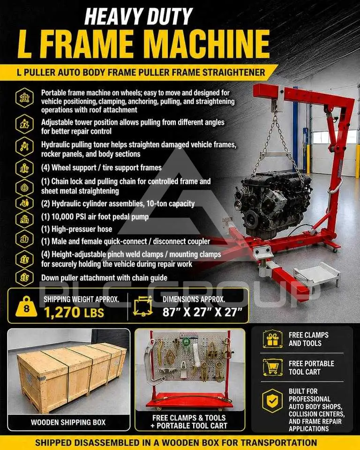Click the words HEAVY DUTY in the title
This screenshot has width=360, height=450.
click(x=139, y=16)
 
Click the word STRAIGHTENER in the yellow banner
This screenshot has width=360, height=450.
click(x=234, y=72)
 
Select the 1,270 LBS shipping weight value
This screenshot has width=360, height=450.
click(x=74, y=313)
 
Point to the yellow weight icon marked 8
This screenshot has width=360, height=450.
click(x=26, y=307)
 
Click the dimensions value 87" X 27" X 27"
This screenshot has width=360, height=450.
click(x=202, y=312)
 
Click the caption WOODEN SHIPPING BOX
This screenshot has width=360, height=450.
click(x=68, y=422)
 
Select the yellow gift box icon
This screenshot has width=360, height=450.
click(x=271, y=339)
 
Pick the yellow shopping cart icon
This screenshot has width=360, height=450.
click(x=271, y=367)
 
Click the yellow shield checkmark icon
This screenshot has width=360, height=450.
click(x=272, y=401)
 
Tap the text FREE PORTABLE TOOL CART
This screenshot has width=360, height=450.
click(x=311, y=367)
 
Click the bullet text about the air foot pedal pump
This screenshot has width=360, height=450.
click(x=95, y=217)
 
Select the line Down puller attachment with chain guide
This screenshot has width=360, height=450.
click(x=104, y=278)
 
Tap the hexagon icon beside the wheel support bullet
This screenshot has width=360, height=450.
click(x=24, y=168)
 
